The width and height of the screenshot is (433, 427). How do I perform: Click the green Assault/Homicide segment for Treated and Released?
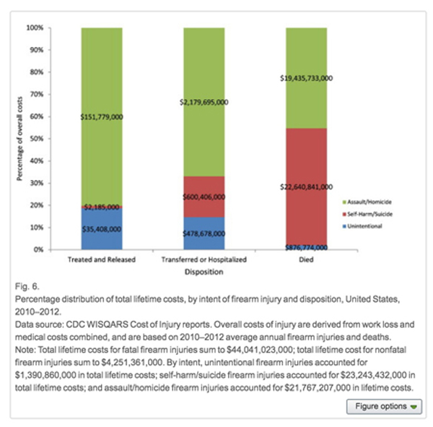click(102, 87)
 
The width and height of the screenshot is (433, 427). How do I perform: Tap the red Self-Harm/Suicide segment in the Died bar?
click(307, 159)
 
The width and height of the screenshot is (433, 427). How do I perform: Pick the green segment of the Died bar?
click(307, 58)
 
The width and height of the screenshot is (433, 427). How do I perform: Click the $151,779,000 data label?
click(102, 116)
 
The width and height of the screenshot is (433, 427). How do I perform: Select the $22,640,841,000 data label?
click(307, 187)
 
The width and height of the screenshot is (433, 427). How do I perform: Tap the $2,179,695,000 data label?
click(204, 103)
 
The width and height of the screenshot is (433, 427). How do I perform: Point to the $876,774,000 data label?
click(307, 247)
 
